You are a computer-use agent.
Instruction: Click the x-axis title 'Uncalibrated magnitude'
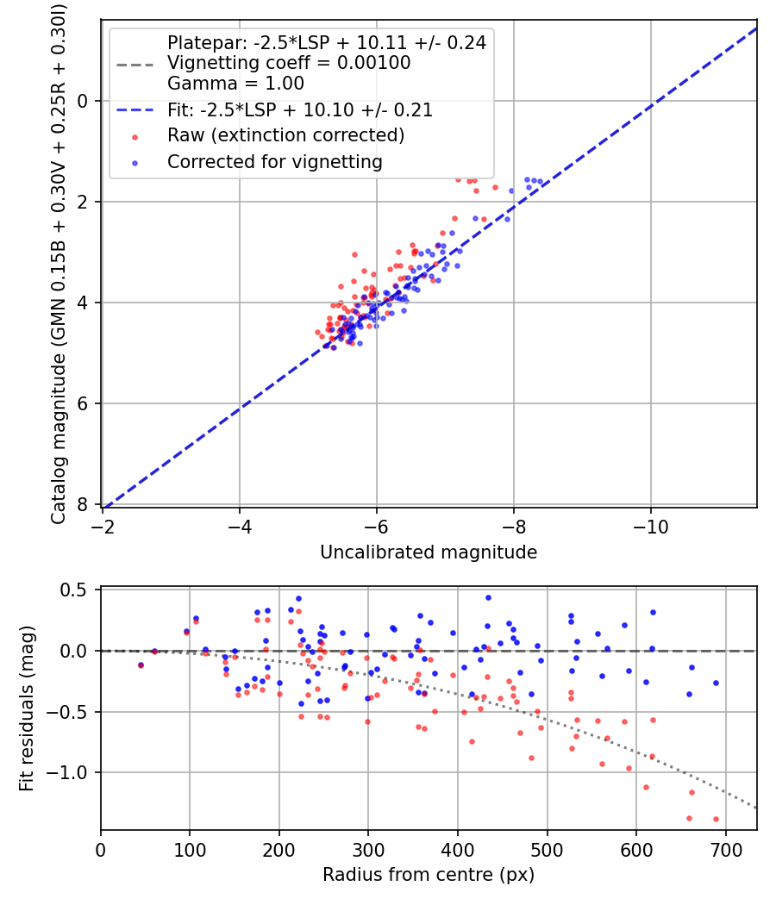point(429,552)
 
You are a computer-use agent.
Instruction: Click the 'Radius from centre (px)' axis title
point(429,875)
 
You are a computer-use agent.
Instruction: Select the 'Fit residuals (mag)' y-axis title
point(27,709)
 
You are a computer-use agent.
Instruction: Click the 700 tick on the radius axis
point(725,849)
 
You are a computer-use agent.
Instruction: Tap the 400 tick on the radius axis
point(458,849)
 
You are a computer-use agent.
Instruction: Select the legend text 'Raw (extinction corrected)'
point(285,135)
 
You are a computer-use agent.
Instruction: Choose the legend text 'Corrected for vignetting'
point(274,161)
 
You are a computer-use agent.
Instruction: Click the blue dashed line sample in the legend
point(136,109)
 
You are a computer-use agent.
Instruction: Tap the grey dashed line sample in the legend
point(136,63)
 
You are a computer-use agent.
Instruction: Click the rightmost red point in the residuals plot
point(716,819)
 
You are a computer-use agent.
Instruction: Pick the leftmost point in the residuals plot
point(141,665)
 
